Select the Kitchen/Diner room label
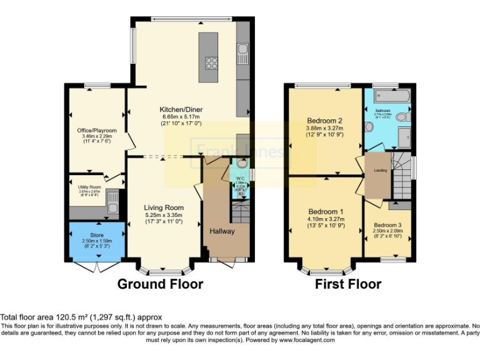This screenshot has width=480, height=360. point(180,109)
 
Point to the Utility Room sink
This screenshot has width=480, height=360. point(112,201)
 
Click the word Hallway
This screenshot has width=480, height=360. point(222,231)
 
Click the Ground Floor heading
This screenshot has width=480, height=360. point(161,284)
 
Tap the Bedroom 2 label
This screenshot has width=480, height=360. point(324,121)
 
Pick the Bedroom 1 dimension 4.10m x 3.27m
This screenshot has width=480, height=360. point(324,219)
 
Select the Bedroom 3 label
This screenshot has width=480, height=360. point(388,224)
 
